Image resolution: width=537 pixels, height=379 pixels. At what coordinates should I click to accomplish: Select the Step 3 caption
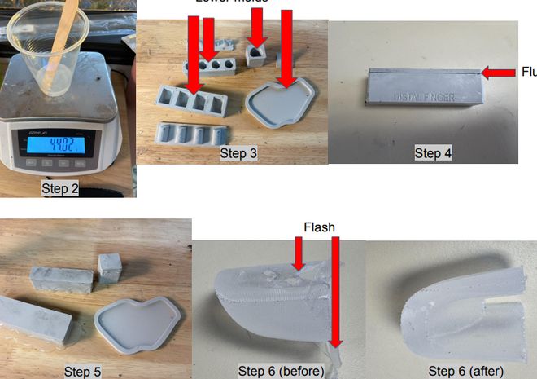238,152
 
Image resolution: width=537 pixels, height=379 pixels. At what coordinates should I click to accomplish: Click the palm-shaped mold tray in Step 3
281,103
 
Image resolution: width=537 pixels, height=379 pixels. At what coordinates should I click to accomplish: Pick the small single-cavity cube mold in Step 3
258,55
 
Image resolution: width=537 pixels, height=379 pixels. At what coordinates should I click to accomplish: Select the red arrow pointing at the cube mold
257,31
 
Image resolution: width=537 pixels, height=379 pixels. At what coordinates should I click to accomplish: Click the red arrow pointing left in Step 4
497,73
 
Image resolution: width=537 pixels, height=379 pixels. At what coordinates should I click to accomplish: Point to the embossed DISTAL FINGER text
424,98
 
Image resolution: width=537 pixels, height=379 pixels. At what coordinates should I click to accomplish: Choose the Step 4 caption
433,152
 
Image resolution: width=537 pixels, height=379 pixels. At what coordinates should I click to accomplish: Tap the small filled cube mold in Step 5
110,268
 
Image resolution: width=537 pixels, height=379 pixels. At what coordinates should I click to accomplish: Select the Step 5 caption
83,372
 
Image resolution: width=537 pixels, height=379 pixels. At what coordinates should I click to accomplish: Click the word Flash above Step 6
319,227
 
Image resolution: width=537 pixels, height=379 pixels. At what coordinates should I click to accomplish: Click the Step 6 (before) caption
281,372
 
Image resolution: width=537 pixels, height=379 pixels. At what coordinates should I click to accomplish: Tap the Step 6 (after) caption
466,372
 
